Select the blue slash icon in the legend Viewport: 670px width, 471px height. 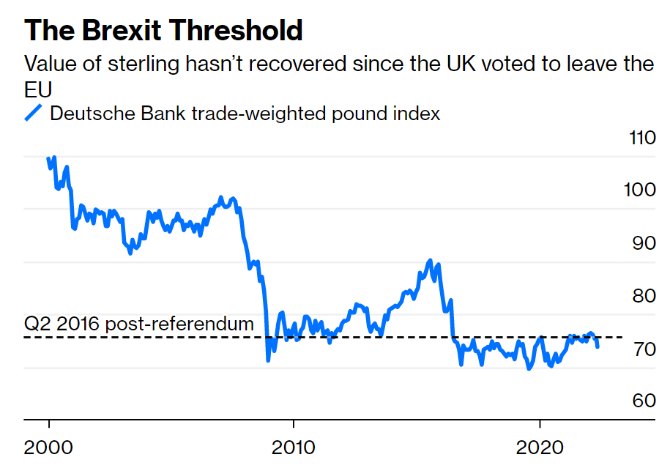34,114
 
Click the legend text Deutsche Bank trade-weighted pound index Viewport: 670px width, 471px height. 245,114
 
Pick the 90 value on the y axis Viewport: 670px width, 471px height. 642,243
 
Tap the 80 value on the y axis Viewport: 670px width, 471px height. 642,297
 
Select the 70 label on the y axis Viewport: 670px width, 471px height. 642,349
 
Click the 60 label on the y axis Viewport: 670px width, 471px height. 642,401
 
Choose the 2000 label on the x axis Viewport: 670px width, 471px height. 49,447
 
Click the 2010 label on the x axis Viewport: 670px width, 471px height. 294,447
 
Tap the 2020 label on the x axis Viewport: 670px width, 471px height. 540,447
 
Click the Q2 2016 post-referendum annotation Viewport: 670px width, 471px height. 139,324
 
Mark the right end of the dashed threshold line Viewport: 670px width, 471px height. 622,337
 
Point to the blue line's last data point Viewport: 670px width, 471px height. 598,346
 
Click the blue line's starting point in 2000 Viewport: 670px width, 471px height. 49,158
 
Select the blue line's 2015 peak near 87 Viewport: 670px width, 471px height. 430,261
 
